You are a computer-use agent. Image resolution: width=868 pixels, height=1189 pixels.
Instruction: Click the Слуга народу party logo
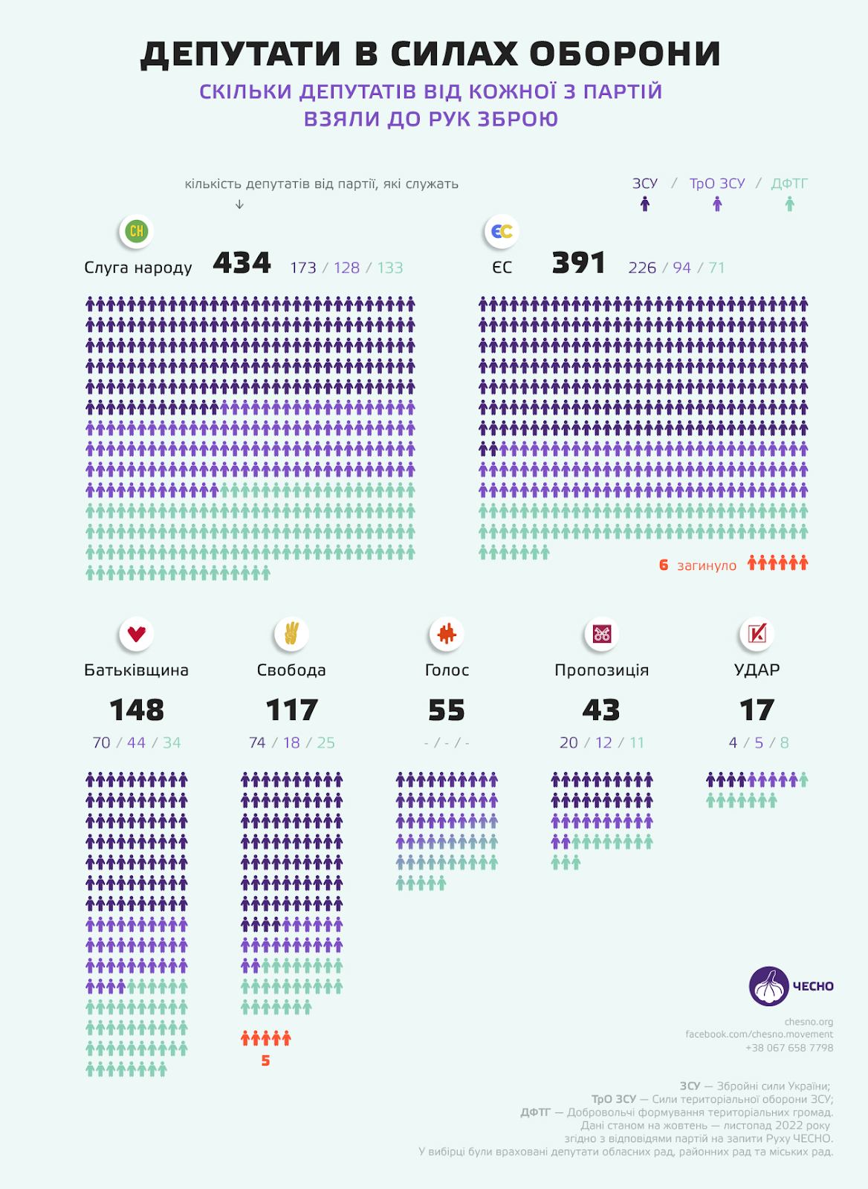(137, 231)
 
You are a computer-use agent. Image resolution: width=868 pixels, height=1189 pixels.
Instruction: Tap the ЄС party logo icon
(502, 231)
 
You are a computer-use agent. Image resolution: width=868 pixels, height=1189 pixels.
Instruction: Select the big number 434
(242, 263)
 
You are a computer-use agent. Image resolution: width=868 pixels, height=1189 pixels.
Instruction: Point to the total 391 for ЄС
(578, 263)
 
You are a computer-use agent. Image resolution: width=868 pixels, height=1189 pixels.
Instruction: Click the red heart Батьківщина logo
(137, 634)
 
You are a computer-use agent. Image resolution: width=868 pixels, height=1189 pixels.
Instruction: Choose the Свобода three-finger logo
(291, 634)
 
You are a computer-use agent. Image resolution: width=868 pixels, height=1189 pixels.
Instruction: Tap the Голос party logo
(447, 634)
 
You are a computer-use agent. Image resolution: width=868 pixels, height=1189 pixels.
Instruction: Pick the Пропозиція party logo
(601, 634)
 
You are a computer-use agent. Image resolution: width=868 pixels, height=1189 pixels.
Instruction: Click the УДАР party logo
(757, 634)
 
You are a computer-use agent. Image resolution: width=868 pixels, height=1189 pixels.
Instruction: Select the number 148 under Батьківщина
(137, 710)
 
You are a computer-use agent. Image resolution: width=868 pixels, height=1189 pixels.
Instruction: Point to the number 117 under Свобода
(291, 710)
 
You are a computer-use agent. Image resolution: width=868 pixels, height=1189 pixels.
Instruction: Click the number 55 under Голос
(447, 710)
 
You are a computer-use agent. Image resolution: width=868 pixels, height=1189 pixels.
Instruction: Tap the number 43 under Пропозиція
(601, 710)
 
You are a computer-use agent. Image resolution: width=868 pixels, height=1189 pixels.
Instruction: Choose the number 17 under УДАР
(757, 710)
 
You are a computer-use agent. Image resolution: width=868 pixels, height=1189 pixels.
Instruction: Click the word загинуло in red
(707, 566)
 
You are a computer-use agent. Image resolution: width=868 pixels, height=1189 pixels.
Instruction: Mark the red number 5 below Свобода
(265, 1060)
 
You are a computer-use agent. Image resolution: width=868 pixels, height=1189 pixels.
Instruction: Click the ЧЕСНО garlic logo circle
(768, 986)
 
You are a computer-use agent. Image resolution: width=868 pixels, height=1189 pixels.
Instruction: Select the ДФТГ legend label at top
(789, 184)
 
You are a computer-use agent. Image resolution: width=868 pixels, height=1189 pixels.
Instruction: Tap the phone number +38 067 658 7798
(789, 1048)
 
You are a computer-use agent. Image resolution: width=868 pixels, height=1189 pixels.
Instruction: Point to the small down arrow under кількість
(239, 204)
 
